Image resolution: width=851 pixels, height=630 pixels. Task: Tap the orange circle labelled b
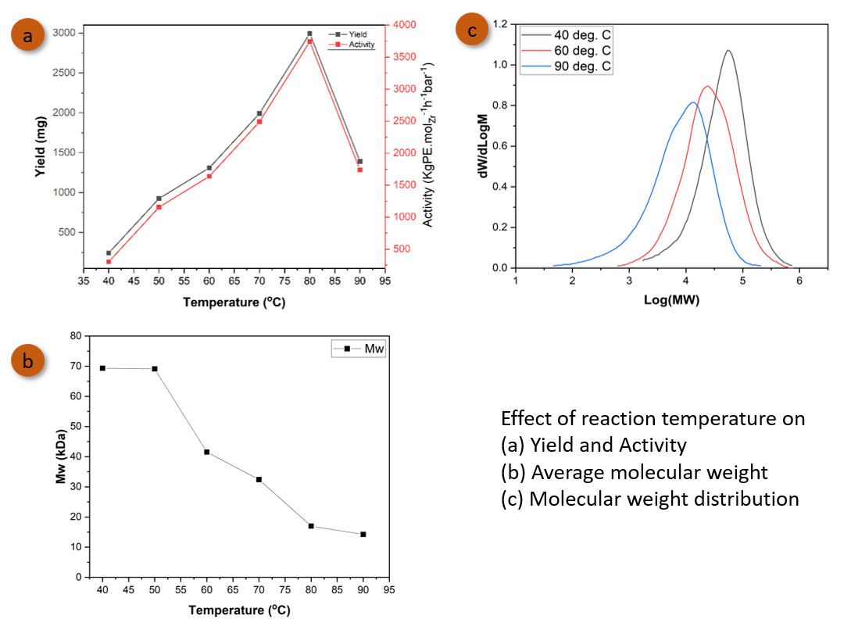pos(27,360)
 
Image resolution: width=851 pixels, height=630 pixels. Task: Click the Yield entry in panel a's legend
pos(352,34)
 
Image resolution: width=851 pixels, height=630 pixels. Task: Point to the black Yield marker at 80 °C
pos(309,34)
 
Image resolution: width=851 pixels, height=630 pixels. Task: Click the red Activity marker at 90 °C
pos(360,170)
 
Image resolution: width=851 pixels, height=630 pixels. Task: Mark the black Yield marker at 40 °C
pos(109,253)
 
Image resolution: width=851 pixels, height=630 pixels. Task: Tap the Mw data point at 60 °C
pos(206,452)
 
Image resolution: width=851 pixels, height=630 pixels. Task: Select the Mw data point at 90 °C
pos(363,535)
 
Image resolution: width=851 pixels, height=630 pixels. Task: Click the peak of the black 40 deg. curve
pos(728,51)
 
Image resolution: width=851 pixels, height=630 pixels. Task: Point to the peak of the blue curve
pos(692,102)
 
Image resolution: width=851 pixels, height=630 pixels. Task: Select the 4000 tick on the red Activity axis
pos(399,25)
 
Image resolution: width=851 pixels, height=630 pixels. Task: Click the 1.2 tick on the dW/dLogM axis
pos(499,24)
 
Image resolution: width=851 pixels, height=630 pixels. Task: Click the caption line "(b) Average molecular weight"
pos(634,472)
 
